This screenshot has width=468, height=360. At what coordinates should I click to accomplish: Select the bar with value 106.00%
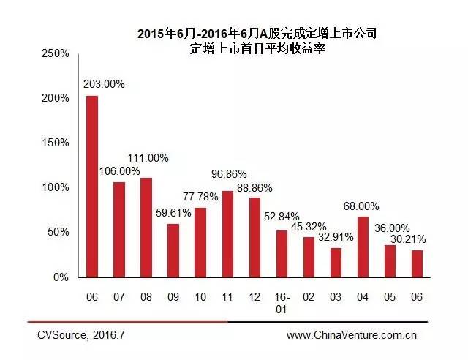(119, 230)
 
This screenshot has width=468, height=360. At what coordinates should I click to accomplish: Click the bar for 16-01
(282, 254)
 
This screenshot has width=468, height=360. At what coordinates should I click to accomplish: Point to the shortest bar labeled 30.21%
(417, 263)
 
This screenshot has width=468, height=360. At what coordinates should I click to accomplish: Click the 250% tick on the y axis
(55, 53)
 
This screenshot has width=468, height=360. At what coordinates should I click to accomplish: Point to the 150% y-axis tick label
(55, 143)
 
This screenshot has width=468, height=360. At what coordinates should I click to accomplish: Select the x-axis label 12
(254, 298)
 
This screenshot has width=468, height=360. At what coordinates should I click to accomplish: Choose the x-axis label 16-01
(282, 303)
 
